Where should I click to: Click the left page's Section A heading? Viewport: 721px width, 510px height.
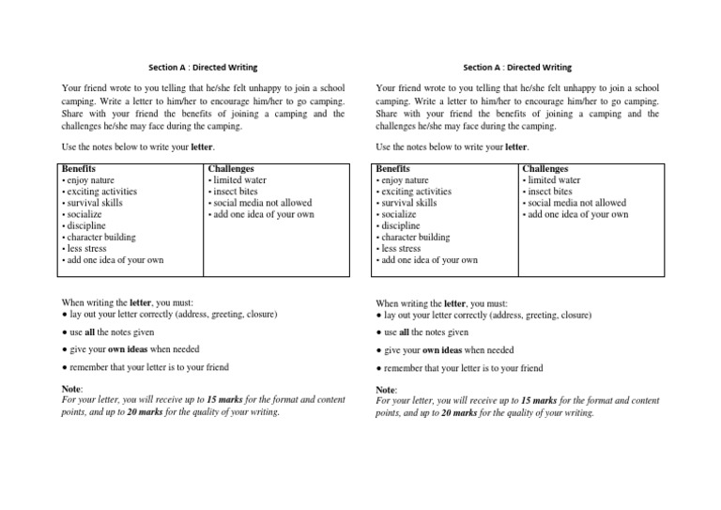pyautogui.click(x=203, y=68)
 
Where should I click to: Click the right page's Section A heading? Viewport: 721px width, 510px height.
pyautogui.click(x=517, y=68)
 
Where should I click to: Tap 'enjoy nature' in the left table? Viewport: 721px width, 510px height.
pyautogui.click(x=91, y=180)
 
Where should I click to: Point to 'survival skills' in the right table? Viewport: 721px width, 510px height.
pyautogui.click(x=408, y=203)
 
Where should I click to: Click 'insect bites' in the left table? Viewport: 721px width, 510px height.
pyautogui.click(x=233, y=192)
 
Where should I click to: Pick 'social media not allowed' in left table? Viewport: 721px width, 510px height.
pyautogui.click(x=260, y=203)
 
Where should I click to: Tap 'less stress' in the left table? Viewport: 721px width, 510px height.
pyautogui.click(x=87, y=249)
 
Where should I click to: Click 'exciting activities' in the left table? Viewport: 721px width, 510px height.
pyautogui.click(x=100, y=192)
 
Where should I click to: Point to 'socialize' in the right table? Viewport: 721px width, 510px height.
pyautogui.click(x=397, y=215)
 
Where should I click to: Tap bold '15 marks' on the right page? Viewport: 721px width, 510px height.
pyautogui.click(x=539, y=400)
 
